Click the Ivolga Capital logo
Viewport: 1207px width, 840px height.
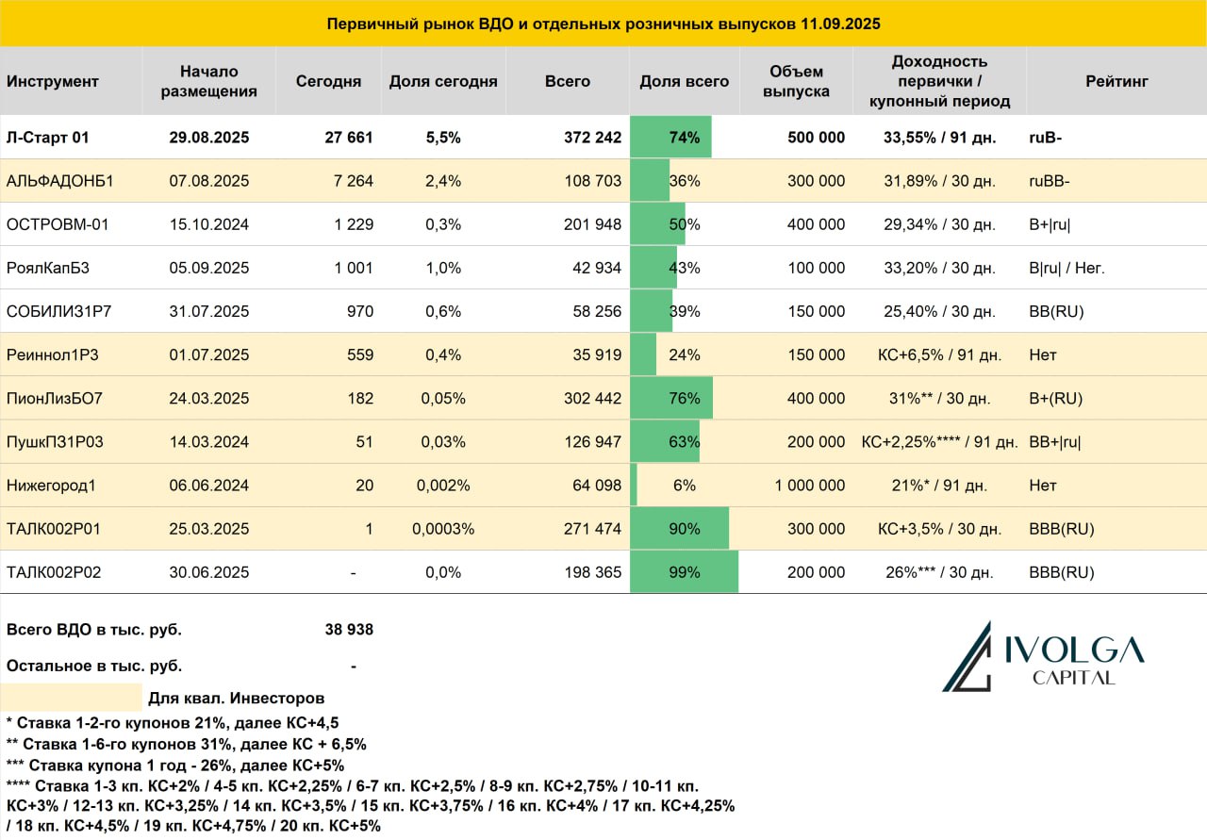click(1043, 657)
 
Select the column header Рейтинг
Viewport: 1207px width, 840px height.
click(1116, 81)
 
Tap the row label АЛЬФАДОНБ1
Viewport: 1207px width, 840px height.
click(59, 180)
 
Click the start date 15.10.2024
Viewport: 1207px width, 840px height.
click(209, 224)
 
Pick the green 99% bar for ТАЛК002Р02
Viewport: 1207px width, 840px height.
click(684, 571)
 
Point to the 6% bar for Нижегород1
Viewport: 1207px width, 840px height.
click(634, 485)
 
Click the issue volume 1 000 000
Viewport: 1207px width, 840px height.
click(809, 485)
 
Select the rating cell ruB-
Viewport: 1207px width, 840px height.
click(1045, 138)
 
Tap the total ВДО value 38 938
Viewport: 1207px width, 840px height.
click(349, 630)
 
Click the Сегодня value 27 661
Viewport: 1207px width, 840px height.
click(349, 138)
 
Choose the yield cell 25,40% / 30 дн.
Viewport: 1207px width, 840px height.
click(939, 311)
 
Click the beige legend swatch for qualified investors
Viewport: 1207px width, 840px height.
click(71, 698)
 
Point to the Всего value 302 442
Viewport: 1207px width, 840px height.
click(592, 398)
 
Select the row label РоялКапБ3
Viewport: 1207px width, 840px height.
click(47, 268)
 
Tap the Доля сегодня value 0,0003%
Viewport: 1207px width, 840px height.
click(443, 529)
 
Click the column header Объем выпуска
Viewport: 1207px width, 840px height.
click(796, 81)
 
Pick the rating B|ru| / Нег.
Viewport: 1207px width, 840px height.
click(1066, 268)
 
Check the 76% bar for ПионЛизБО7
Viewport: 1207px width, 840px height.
click(671, 398)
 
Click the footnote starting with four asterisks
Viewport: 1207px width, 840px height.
click(371, 805)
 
